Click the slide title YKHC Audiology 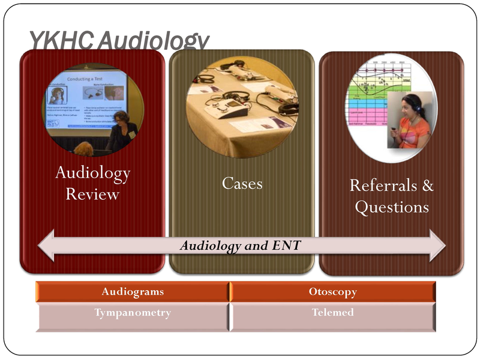coord(119,41)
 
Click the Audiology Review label coord(92,184)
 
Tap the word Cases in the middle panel coord(242,183)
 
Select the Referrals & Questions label coord(392,196)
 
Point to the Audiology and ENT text coord(241,246)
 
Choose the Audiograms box coord(132,292)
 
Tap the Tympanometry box coord(132,313)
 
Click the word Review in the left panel coord(92,194)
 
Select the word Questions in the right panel coord(392,207)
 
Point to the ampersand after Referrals coord(427,185)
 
